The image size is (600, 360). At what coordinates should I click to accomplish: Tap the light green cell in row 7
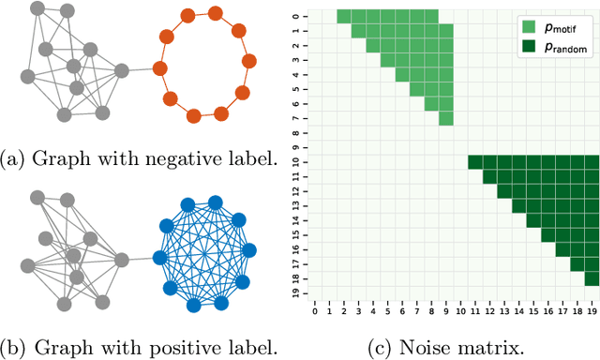[446, 118]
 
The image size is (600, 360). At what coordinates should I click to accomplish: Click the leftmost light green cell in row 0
[344, 16]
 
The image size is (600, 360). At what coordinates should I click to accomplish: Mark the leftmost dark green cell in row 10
[475, 162]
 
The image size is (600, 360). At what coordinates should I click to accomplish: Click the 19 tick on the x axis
[592, 310]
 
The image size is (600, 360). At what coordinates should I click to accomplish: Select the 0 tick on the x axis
[315, 310]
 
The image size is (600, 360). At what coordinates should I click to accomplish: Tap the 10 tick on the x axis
[460, 310]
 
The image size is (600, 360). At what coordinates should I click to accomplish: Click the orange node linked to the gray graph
[158, 69]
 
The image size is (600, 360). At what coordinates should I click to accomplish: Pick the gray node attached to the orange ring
[121, 69]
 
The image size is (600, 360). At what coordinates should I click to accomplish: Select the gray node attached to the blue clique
[121, 257]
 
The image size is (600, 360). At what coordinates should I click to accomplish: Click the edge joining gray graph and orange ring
[140, 69]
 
